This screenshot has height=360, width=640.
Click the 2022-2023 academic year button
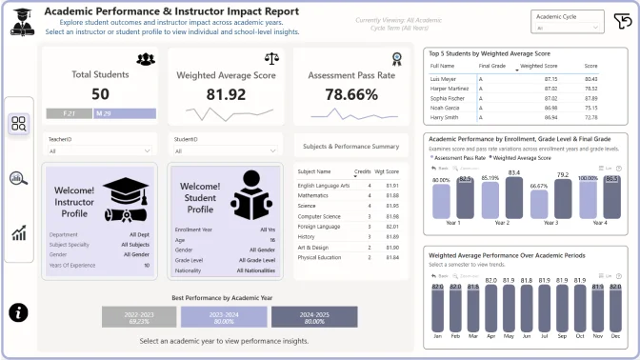[x=139, y=318]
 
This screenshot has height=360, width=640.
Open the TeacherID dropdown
[x=99, y=150]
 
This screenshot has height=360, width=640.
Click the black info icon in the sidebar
[x=19, y=312]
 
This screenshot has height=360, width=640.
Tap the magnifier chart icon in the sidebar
[x=19, y=178]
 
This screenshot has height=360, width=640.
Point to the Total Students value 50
[x=100, y=93]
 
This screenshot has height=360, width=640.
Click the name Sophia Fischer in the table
[x=448, y=98]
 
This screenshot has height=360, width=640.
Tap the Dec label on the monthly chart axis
[x=616, y=336]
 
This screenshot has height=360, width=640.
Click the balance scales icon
[x=270, y=59]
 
